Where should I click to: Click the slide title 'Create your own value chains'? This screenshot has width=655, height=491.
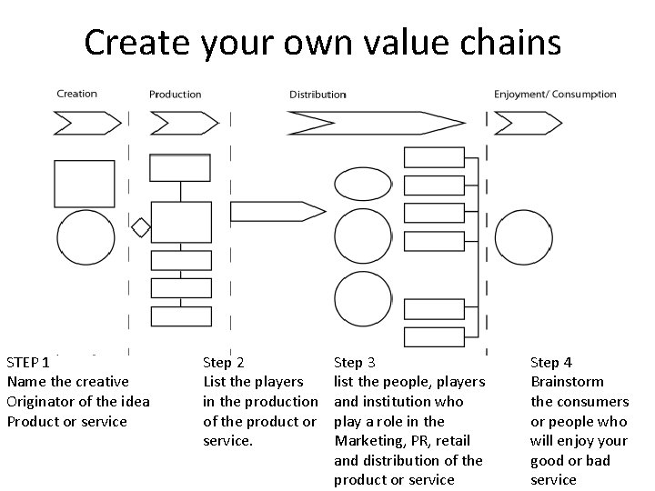click(323, 42)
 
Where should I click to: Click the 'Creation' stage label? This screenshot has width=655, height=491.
click(76, 94)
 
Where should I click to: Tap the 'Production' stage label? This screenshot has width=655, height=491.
click(176, 95)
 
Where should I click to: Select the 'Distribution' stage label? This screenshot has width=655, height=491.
click(317, 95)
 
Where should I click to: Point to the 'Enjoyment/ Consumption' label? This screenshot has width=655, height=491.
click(555, 95)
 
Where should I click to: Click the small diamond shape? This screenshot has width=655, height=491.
click(140, 225)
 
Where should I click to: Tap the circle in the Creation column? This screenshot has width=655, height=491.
click(86, 238)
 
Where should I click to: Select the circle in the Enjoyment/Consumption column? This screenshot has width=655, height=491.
click(526, 238)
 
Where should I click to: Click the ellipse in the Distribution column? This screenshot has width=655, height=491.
click(364, 184)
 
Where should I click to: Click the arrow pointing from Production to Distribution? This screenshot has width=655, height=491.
click(277, 211)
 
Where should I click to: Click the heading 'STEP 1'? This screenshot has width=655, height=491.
click(28, 362)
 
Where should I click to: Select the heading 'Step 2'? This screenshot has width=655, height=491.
click(223, 362)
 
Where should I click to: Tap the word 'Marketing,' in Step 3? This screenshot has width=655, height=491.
click(368, 441)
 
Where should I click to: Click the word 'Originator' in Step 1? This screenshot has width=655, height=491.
click(39, 401)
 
